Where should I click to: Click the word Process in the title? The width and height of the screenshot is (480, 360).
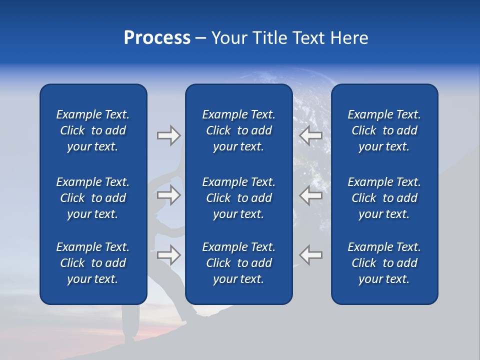pyautogui.click(x=157, y=38)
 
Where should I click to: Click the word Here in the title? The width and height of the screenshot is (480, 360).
pyautogui.click(x=348, y=38)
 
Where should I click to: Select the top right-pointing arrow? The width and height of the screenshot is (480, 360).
pyautogui.click(x=168, y=135)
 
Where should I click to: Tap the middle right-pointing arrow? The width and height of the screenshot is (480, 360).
pyautogui.click(x=168, y=195)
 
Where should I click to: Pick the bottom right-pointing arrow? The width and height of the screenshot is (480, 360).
pyautogui.click(x=168, y=255)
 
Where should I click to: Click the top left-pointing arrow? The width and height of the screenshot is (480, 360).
pyautogui.click(x=311, y=135)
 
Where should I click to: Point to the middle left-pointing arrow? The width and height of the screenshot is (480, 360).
pyautogui.click(x=311, y=195)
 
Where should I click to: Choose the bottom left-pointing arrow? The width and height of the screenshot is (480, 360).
pyautogui.click(x=311, y=255)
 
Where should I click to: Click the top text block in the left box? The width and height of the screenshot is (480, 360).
pyautogui.click(x=93, y=130)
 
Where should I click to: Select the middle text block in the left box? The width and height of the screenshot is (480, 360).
pyautogui.click(x=93, y=198)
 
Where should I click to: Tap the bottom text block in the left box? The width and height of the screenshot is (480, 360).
pyautogui.click(x=93, y=263)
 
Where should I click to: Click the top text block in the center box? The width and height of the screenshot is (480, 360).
pyautogui.click(x=239, y=130)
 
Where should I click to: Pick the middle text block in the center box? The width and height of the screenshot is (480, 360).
pyautogui.click(x=239, y=198)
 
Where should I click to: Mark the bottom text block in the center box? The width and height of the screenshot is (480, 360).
pyautogui.click(x=239, y=263)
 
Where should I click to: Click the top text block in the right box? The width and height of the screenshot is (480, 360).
pyautogui.click(x=384, y=130)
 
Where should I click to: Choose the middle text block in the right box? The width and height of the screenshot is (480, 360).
pyautogui.click(x=384, y=198)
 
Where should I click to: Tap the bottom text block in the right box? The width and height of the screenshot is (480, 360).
pyautogui.click(x=384, y=263)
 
